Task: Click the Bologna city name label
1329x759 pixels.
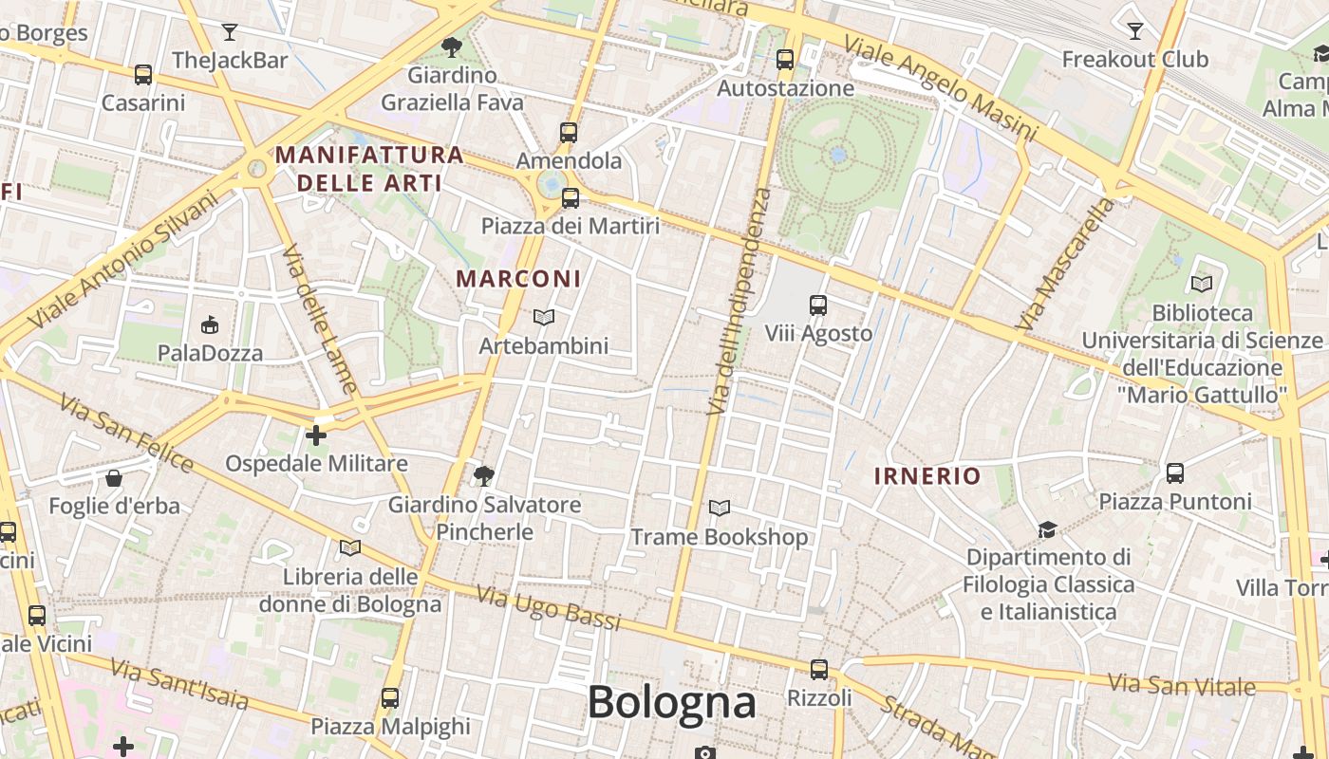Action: (671, 703)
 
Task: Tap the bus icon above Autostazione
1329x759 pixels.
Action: (785, 59)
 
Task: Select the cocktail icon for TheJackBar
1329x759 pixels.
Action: (230, 32)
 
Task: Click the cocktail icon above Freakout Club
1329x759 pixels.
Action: (1134, 31)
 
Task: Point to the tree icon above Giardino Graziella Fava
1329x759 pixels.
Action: (452, 46)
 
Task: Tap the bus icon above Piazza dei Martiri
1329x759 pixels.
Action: (570, 197)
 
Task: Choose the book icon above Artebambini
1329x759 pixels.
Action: (543, 317)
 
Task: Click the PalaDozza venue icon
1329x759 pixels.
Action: (210, 325)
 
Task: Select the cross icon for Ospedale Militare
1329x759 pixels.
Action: (316, 435)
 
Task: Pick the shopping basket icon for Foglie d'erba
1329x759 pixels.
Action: (114, 477)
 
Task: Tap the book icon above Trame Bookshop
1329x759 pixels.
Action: (720, 509)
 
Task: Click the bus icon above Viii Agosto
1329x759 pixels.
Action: (818, 305)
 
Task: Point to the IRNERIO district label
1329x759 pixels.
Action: (927, 476)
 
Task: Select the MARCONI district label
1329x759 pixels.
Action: (518, 279)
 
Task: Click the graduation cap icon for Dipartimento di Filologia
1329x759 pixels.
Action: (1047, 529)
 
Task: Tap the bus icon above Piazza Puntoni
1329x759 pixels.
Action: (1174, 472)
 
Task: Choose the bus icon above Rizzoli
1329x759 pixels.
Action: (819, 669)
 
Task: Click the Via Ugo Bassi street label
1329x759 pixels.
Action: (548, 608)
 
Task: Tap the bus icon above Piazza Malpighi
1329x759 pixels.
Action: (390, 698)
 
